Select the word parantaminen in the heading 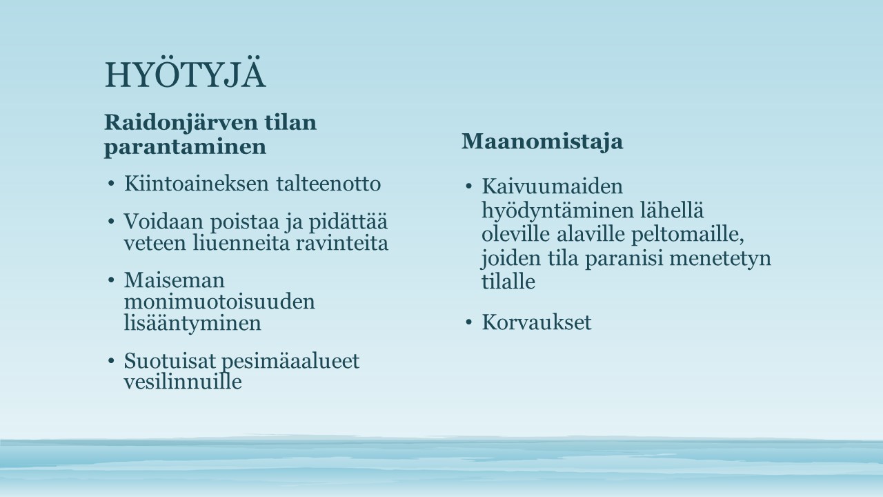click(185, 148)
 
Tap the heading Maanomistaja click(542, 142)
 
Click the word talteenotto click(328, 184)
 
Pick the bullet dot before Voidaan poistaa click(111, 222)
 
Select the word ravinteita click(341, 242)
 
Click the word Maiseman click(175, 280)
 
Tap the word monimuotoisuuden click(219, 302)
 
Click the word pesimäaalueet click(291, 361)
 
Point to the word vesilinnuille click(183, 382)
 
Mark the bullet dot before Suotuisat click(111, 361)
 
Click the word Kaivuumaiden click(553, 186)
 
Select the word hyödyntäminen click(557, 211)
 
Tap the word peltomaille click(688, 235)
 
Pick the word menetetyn click(720, 258)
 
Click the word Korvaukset click(537, 322)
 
